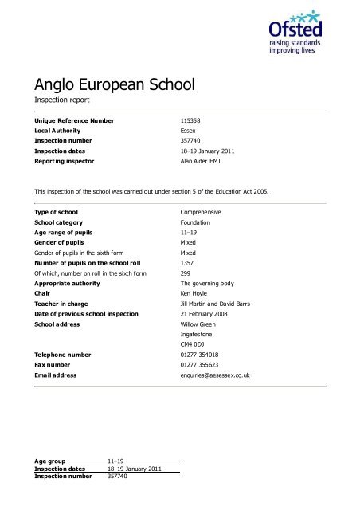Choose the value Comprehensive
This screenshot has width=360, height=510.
(201, 213)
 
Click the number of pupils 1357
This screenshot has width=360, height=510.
(189, 262)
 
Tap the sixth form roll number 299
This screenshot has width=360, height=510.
(187, 273)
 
